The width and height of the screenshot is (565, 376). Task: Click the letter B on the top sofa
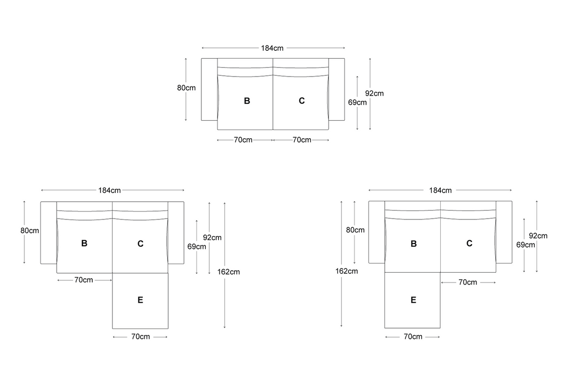(x=247, y=101)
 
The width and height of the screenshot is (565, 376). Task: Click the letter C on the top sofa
(x=302, y=101)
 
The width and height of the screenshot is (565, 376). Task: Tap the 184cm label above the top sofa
(x=272, y=48)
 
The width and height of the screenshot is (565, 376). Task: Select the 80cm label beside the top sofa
(x=186, y=88)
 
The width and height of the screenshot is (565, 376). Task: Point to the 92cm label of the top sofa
(x=374, y=94)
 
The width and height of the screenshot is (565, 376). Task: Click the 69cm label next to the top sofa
(x=357, y=102)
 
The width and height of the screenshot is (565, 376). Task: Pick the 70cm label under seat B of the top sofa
(x=243, y=140)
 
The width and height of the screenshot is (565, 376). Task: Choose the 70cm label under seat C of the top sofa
(x=302, y=140)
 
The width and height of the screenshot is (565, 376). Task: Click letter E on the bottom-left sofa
(x=140, y=300)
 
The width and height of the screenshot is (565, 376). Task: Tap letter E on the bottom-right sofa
(x=413, y=300)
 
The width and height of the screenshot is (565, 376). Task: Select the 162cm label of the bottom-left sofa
(x=228, y=272)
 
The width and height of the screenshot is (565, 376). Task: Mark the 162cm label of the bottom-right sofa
(x=347, y=271)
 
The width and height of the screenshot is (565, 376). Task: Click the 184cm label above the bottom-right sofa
(x=440, y=190)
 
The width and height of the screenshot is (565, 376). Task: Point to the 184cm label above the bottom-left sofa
(x=109, y=190)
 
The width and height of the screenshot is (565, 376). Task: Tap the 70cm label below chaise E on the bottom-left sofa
(x=140, y=337)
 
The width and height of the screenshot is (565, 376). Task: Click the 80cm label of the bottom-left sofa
(x=30, y=231)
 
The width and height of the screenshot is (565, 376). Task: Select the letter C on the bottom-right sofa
(x=469, y=243)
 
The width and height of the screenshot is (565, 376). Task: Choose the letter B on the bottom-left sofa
(x=84, y=243)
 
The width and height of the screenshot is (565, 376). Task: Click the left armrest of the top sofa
(x=210, y=89)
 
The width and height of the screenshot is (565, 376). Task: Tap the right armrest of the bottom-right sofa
(x=504, y=232)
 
